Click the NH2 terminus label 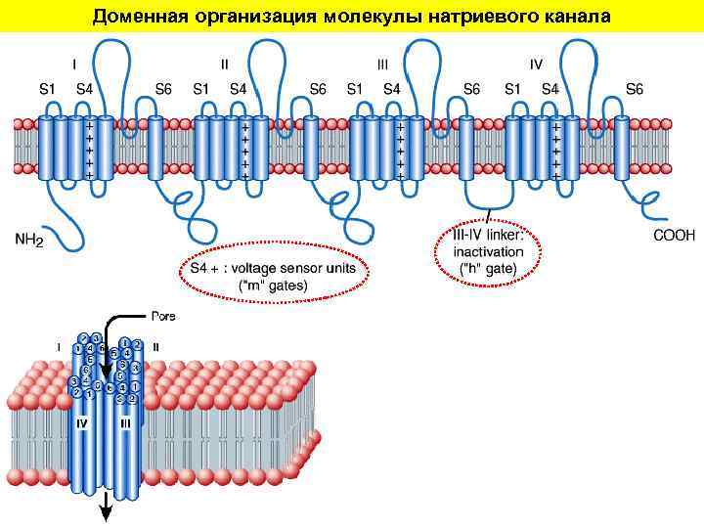click(x=28, y=238)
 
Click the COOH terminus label click(x=674, y=235)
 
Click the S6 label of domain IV click(x=634, y=89)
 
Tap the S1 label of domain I click(x=45, y=89)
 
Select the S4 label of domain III click(x=392, y=89)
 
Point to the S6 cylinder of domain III click(x=467, y=147)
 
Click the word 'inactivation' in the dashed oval click(x=488, y=251)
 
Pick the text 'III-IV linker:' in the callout click(x=488, y=235)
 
